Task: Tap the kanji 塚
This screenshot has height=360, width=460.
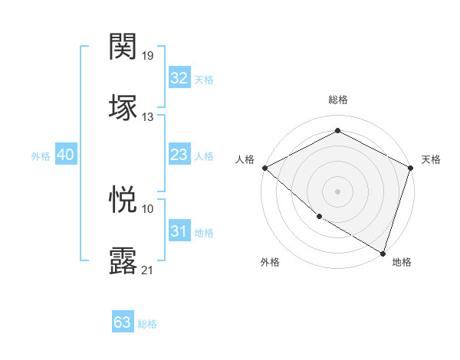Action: (123, 107)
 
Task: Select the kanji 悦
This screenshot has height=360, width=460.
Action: (123, 200)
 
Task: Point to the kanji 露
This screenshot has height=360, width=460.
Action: (123, 261)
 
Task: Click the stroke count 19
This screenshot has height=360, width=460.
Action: (148, 55)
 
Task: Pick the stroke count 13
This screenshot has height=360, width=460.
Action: (148, 116)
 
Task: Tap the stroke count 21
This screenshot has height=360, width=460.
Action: (148, 270)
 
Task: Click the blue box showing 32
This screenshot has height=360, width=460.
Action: (179, 78)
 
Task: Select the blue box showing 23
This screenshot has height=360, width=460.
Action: (179, 155)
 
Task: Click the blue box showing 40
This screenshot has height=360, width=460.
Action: (66, 155)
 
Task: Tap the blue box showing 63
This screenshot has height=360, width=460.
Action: (123, 322)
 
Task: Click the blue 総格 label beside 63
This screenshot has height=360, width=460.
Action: (147, 324)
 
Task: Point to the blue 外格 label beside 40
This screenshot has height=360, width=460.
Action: (41, 155)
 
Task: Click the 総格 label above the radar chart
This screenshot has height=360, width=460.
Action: (337, 100)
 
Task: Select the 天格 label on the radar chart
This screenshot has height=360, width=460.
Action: (431, 159)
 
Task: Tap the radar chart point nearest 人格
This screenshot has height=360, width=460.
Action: (264, 168)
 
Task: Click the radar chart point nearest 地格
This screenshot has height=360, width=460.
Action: (383, 252)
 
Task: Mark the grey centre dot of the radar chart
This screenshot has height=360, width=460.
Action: (337, 191)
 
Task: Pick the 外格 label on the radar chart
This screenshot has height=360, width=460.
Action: (270, 262)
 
